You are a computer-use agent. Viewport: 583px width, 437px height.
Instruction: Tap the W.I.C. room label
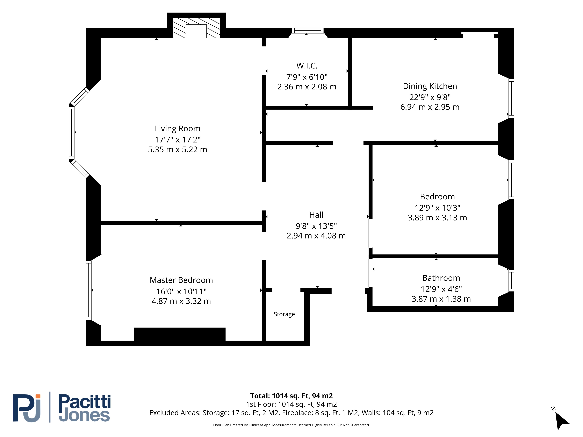click(x=307, y=66)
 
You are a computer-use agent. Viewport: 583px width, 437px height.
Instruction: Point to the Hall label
click(x=316, y=215)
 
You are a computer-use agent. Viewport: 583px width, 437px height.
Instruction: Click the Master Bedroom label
click(x=181, y=280)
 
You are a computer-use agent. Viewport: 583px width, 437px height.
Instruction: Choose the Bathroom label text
click(x=441, y=278)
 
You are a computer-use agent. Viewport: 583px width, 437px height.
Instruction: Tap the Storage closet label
click(x=284, y=314)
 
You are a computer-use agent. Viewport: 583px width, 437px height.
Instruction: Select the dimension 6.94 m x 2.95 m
click(x=430, y=107)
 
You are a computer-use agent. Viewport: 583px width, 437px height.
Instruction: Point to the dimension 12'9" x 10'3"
click(x=438, y=208)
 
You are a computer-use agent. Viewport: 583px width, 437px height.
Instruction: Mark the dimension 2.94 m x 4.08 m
click(x=316, y=236)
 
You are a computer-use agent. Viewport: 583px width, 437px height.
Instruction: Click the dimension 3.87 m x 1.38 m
click(x=441, y=299)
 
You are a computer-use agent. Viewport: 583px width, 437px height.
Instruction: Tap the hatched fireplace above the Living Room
click(x=196, y=28)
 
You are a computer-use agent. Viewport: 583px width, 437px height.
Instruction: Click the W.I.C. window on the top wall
click(x=308, y=31)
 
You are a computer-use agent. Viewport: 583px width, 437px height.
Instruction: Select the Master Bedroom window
click(x=89, y=290)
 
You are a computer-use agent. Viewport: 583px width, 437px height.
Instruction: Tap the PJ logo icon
click(x=27, y=408)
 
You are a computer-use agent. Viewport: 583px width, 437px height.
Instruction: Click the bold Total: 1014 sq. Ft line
click(x=291, y=396)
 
